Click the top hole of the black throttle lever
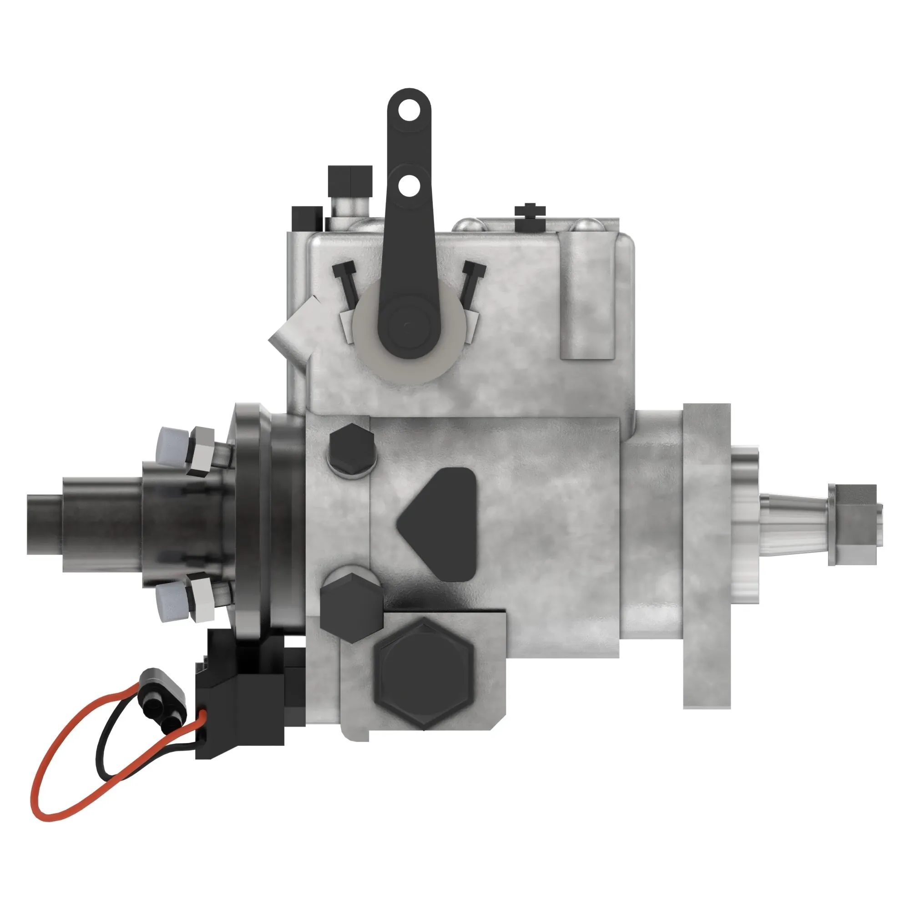[x=409, y=111]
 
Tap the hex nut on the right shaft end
[x=853, y=525]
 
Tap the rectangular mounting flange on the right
[x=707, y=556]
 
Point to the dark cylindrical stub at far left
[x=45, y=524]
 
